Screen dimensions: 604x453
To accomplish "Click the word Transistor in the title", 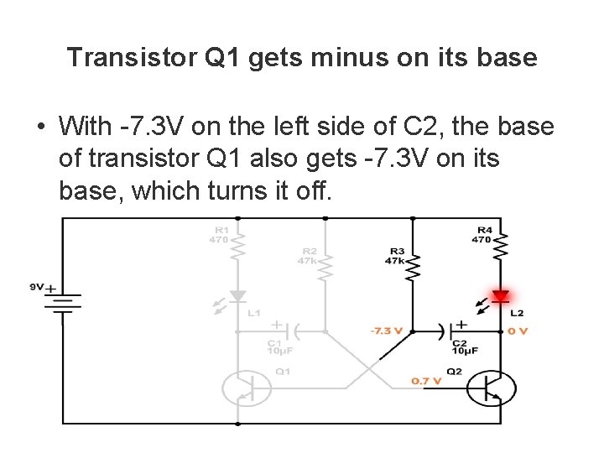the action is click(x=132, y=57).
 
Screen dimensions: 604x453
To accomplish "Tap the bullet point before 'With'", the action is click(x=39, y=128).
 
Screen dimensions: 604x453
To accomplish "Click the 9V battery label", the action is click(x=36, y=287).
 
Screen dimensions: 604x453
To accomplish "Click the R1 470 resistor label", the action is click(x=220, y=234).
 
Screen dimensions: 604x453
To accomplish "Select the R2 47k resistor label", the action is click(x=308, y=256).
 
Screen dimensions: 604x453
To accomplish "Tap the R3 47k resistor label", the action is click(x=397, y=255).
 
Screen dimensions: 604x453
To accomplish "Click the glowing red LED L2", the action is click(x=501, y=296).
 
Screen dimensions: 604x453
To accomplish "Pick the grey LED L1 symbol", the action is click(x=238, y=296).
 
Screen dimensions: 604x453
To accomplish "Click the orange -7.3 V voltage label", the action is click(x=387, y=331).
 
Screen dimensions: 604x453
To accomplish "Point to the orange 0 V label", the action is click(x=518, y=331).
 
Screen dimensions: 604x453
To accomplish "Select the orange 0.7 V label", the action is click(x=426, y=381).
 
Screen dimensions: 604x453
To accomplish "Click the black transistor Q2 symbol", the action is click(x=491, y=388).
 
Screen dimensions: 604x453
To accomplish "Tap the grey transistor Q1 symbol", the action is click(x=247, y=388).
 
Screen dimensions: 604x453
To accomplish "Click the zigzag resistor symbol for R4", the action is click(x=502, y=247).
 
